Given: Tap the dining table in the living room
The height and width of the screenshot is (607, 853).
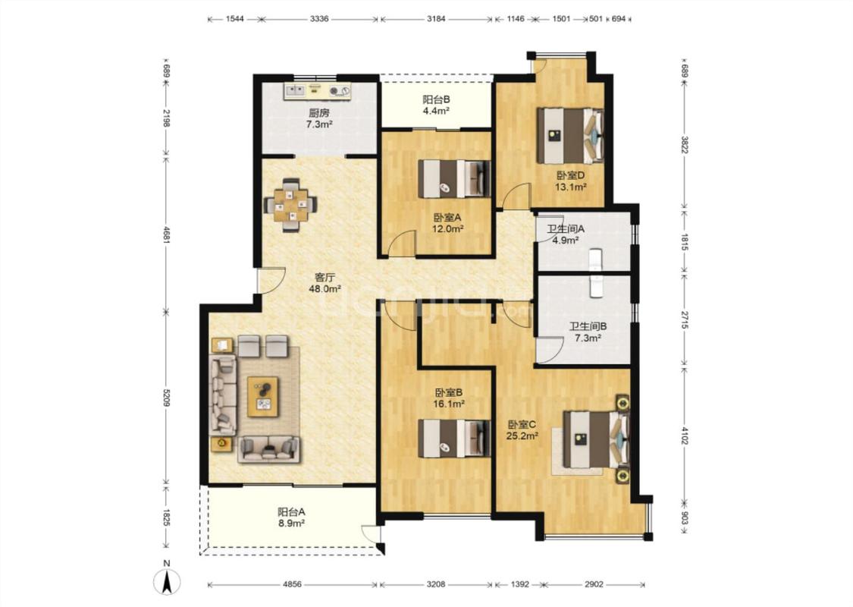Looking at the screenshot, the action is click(x=290, y=205).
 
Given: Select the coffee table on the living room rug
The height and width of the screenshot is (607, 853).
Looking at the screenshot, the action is click(x=263, y=397).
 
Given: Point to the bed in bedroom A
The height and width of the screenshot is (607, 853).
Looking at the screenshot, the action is click(x=455, y=178).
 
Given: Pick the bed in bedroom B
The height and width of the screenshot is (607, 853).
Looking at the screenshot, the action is click(x=455, y=439).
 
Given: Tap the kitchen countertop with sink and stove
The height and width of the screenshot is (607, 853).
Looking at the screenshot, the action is click(x=317, y=91).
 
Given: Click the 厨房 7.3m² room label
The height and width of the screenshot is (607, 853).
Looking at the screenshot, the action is click(x=319, y=118).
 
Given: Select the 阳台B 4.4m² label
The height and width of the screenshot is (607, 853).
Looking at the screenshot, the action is click(x=436, y=105).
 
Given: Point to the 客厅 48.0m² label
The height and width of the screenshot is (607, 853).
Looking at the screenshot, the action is click(x=325, y=283).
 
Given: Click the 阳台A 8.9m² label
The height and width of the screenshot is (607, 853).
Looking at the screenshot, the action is click(x=291, y=517).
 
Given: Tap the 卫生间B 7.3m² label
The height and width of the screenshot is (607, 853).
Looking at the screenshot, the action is click(x=588, y=332).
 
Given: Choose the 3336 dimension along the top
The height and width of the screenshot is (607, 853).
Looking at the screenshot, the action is click(x=318, y=19).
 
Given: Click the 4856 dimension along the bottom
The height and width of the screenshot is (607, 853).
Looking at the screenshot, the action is click(x=292, y=585).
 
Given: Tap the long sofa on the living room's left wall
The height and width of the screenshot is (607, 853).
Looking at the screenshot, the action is click(x=223, y=395).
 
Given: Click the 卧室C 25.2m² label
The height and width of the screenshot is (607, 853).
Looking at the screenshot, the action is click(x=522, y=429).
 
